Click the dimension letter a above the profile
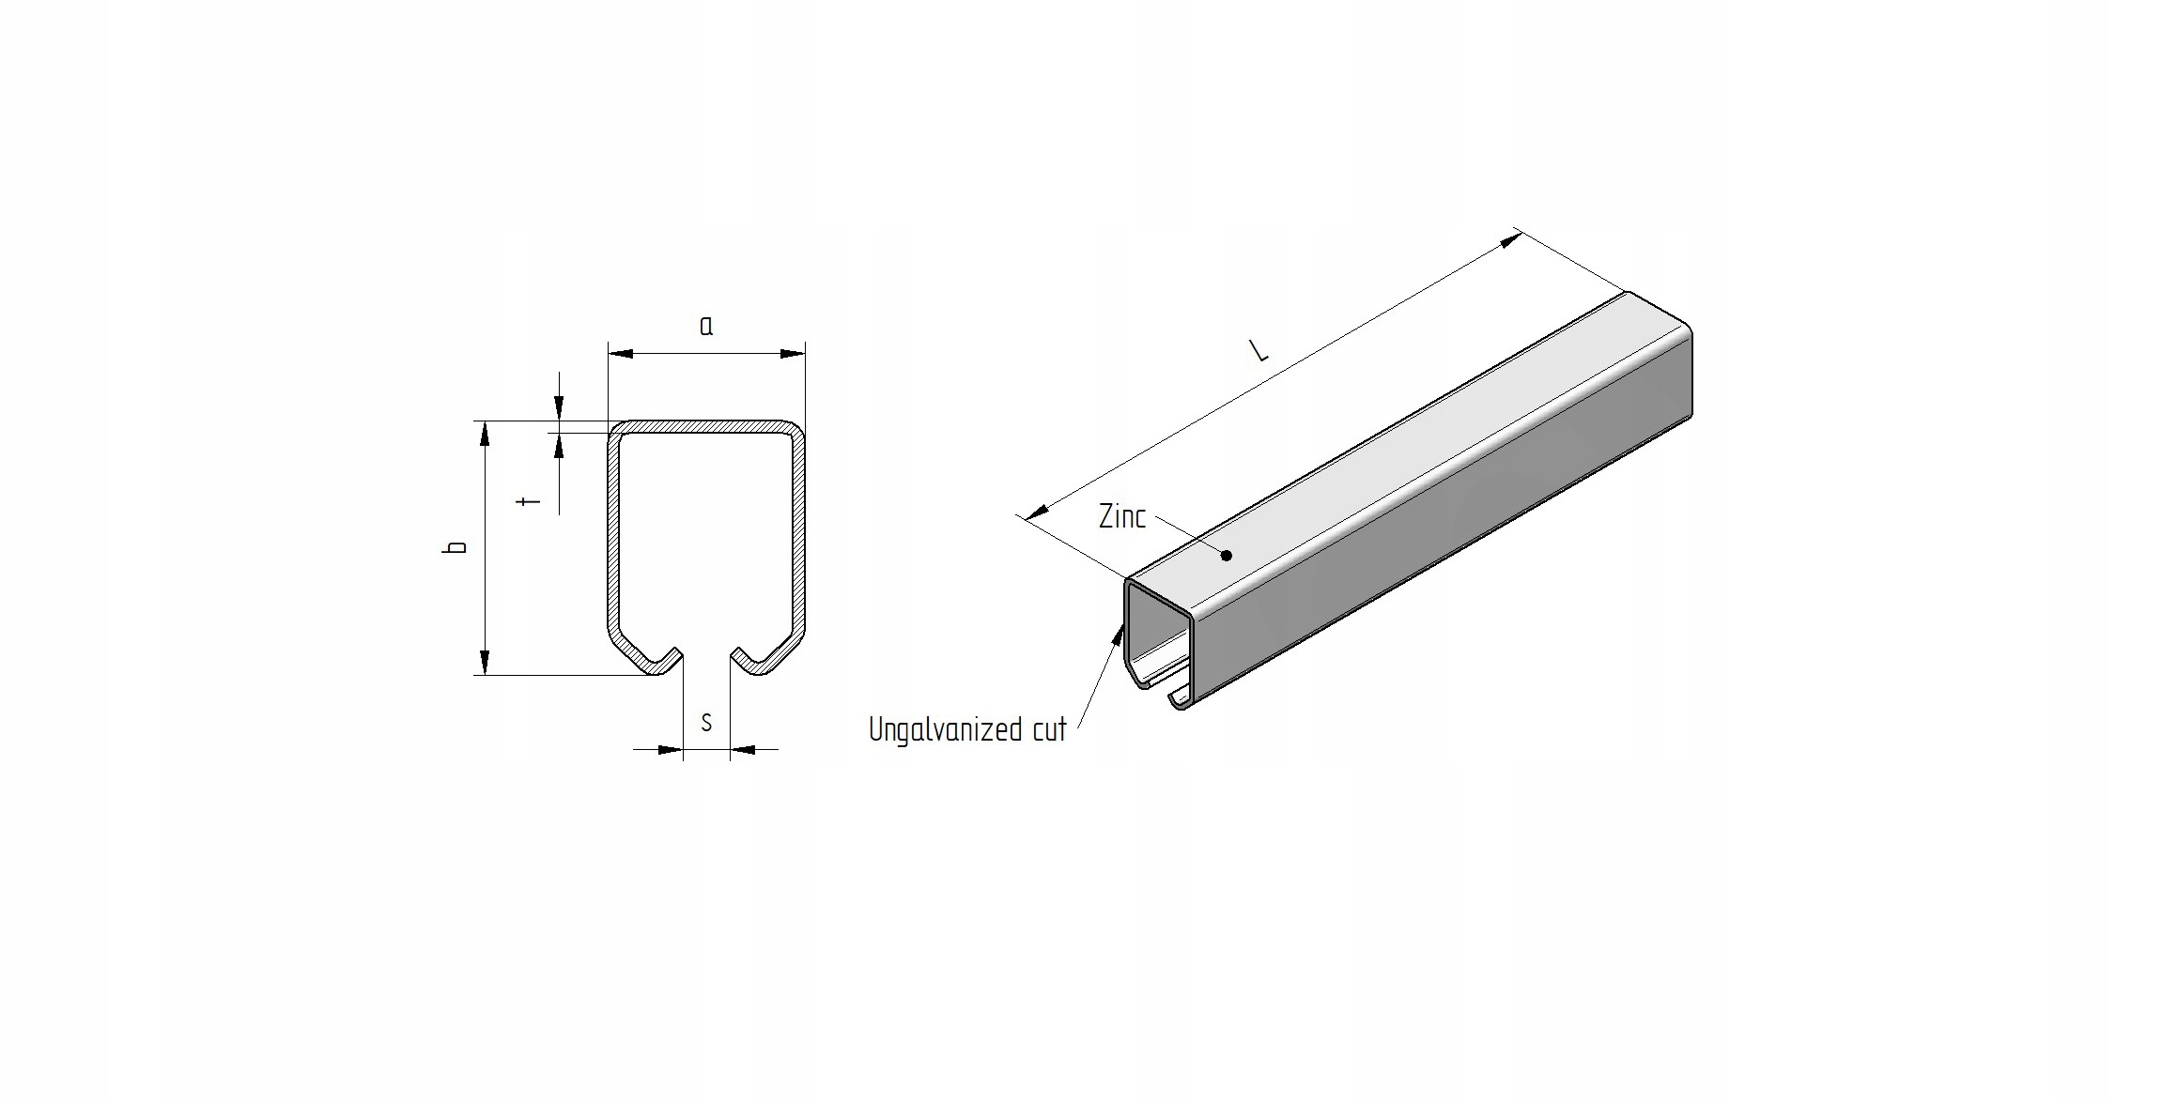(706, 327)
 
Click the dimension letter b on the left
(456, 547)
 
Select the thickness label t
(531, 500)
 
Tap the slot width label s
(706, 723)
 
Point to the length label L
(1259, 351)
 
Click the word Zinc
(1122, 516)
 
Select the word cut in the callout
(1049, 730)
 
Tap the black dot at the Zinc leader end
(1226, 556)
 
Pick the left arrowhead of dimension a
(620, 354)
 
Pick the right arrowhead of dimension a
(794, 354)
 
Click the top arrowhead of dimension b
(485, 434)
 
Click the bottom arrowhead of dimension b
(485, 663)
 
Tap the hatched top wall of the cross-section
(706, 426)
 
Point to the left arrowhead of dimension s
(670, 749)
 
